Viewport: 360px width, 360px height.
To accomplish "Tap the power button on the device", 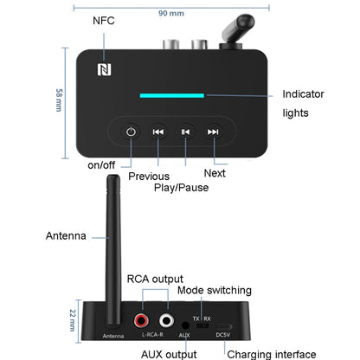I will [131, 132].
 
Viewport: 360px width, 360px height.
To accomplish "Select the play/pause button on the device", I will [184, 132].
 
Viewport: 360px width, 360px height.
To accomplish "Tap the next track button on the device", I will [213, 132].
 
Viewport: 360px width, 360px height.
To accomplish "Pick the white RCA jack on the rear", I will [163, 320].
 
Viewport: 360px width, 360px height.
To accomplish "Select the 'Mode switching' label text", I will [215, 290].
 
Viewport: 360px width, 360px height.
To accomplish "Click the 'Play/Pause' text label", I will [183, 187].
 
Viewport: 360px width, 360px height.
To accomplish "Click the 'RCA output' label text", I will [157, 279].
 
